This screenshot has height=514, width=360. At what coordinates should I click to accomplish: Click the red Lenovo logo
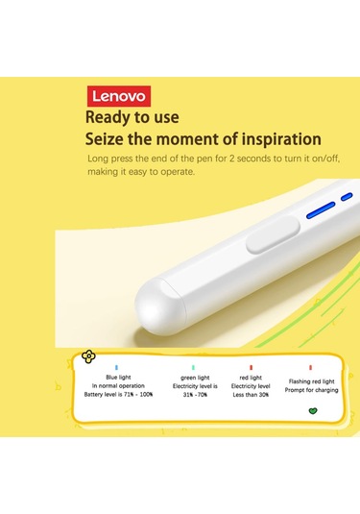click(x=119, y=96)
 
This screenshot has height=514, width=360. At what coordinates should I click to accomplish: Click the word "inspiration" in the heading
click(x=281, y=139)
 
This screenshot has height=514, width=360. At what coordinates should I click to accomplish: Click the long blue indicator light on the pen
click(x=321, y=210)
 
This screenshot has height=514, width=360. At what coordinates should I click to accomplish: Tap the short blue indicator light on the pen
click(x=347, y=197)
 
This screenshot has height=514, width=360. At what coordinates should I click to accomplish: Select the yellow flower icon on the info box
click(x=88, y=356)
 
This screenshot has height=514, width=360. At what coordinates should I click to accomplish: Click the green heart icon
click(x=313, y=411)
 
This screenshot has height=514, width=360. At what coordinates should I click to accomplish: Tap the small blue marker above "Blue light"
click(x=116, y=368)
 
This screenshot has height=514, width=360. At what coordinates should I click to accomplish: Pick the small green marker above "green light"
click(x=193, y=368)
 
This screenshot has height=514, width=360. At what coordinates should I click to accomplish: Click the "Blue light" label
click(x=118, y=378)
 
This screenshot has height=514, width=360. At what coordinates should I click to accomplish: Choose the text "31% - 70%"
click(x=195, y=395)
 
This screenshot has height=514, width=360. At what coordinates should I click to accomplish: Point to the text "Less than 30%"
click(x=251, y=395)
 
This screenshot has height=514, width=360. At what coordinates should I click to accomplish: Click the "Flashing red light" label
click(x=311, y=381)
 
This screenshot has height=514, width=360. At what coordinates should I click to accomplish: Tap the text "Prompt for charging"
click(x=311, y=390)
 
